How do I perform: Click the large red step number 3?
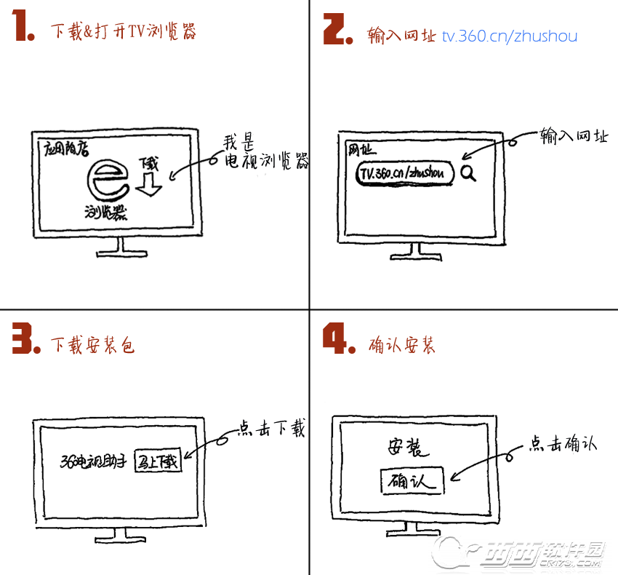coord(25,339)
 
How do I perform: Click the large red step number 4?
coord(338,339)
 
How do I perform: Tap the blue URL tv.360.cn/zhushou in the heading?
coord(509,35)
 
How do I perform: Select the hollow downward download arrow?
coord(151,183)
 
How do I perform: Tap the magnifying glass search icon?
coord(468,173)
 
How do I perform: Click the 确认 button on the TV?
coord(412,481)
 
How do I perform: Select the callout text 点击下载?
coord(272,429)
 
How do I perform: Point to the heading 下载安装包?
coord(92,344)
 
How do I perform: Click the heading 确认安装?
coord(402,344)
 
